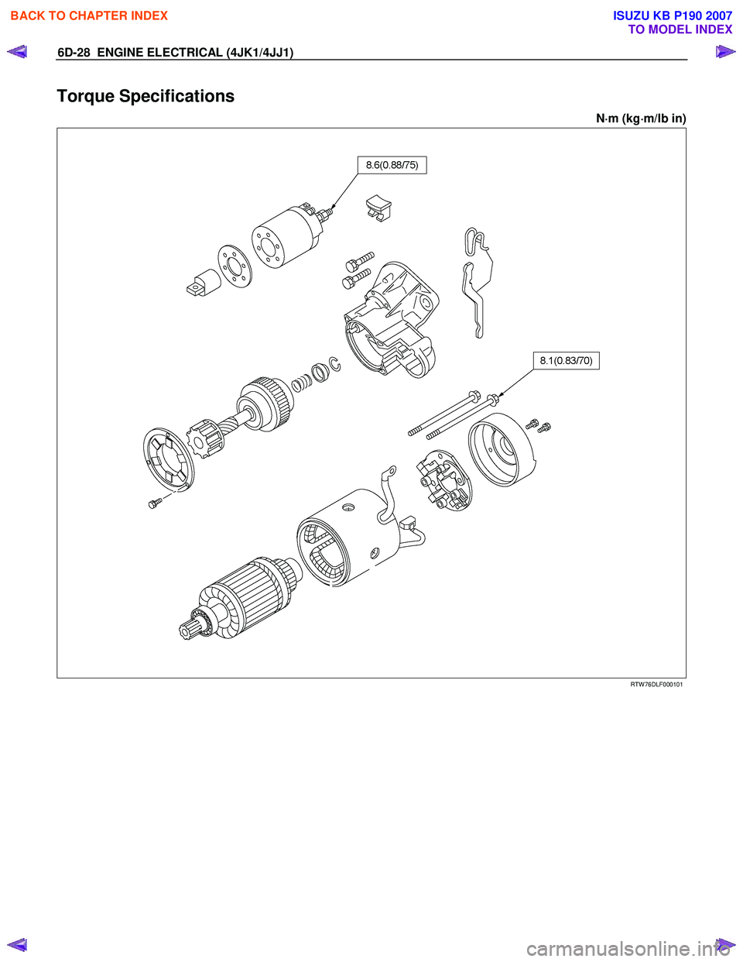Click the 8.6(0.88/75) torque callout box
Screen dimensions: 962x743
point(392,165)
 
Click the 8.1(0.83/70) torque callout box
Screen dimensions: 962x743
point(566,360)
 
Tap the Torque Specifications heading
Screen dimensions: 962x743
point(146,96)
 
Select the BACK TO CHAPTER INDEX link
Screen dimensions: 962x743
point(89,15)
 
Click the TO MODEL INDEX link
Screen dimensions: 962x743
point(680,29)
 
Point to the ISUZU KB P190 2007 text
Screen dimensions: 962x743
point(673,15)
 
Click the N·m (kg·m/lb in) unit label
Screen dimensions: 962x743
point(641,119)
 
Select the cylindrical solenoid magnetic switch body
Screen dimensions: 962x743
point(282,235)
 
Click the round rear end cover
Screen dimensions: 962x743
point(502,449)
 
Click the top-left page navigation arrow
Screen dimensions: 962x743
point(16,53)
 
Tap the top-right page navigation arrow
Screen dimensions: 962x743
point(725,53)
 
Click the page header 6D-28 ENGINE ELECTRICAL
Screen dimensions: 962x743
point(174,53)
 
